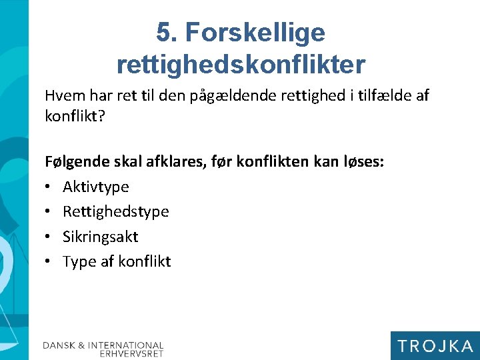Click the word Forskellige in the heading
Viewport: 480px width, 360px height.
click(256, 32)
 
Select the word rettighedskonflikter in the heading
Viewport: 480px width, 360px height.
click(241, 64)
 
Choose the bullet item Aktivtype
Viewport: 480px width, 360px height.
click(95, 187)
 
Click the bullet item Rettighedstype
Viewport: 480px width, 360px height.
click(115, 211)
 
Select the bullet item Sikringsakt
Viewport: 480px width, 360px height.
click(100, 236)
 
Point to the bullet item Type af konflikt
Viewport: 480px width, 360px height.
click(117, 261)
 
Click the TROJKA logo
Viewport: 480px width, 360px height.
click(435, 345)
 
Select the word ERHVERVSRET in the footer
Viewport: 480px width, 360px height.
click(131, 354)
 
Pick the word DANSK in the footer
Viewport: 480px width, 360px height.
click(59, 345)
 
